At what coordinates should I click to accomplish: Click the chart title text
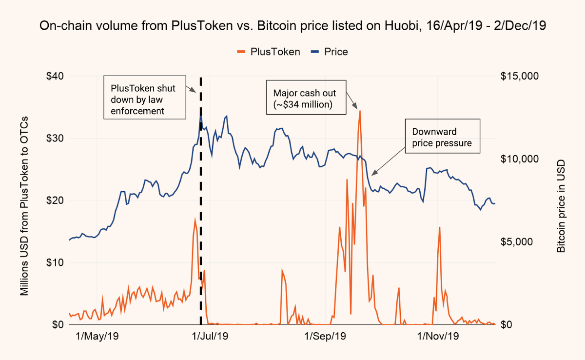click(292, 27)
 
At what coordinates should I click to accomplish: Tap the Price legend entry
click(330, 51)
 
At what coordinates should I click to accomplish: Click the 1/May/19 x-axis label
click(97, 336)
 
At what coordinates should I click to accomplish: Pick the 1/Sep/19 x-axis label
click(325, 336)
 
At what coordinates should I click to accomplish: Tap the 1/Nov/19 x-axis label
click(438, 336)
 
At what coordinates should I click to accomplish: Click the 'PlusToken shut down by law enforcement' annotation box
click(145, 98)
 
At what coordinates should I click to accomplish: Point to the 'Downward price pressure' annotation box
click(442, 137)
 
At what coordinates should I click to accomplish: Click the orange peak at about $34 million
click(360, 111)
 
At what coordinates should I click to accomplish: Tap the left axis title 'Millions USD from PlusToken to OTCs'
click(24, 206)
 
